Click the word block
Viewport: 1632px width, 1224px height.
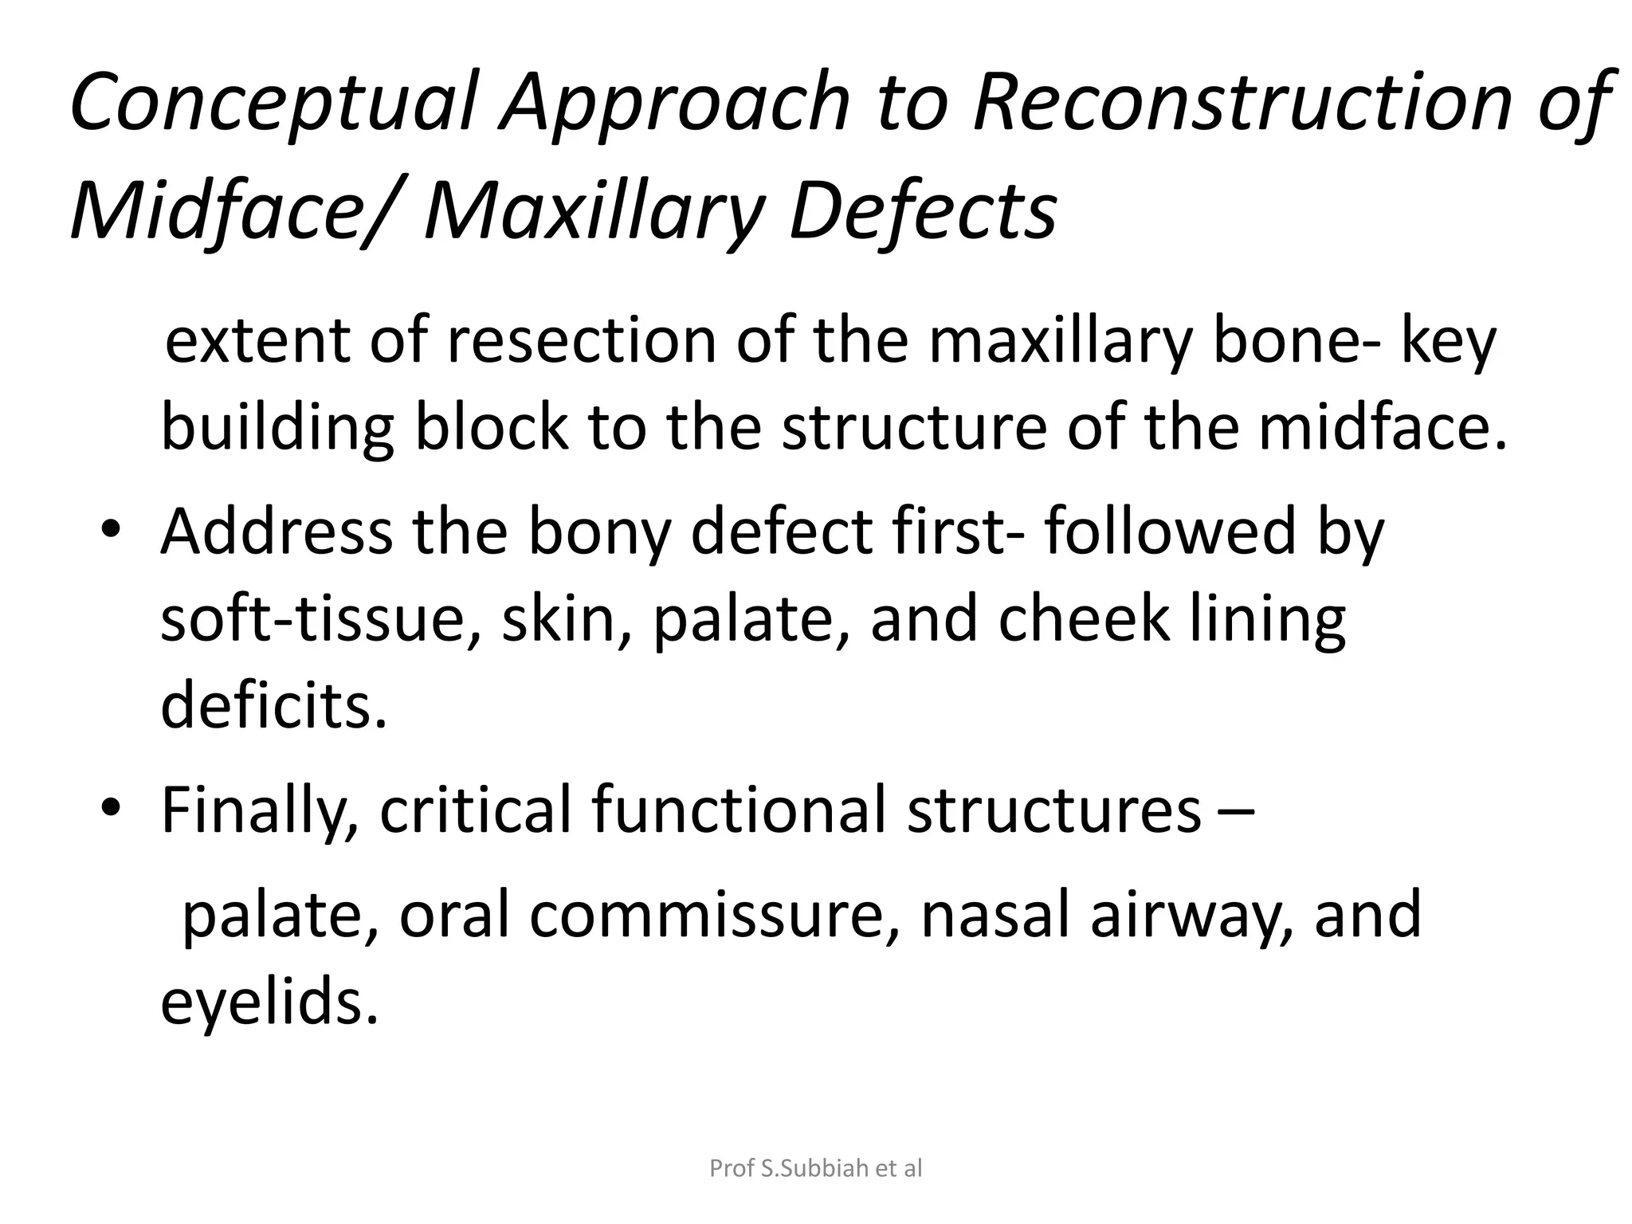(x=491, y=428)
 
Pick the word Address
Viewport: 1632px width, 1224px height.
(x=276, y=532)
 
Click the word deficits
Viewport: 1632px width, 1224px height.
(x=273, y=706)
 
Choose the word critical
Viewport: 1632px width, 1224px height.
(x=475, y=810)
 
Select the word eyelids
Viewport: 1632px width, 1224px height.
(x=269, y=1003)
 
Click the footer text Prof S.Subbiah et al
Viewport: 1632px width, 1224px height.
(x=815, y=1168)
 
